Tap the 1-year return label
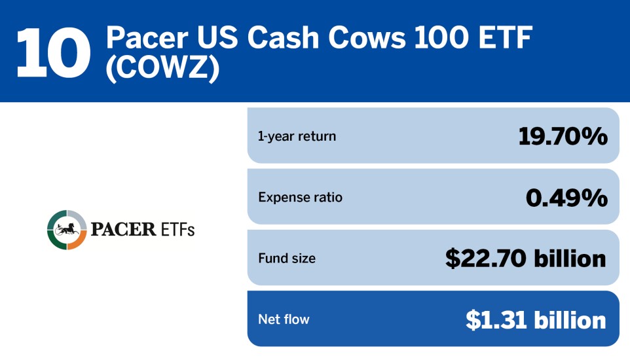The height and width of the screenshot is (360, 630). [x=297, y=136]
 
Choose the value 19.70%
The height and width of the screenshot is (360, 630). [x=563, y=136]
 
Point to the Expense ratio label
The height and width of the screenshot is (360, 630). [x=300, y=197]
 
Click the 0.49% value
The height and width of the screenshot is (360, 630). [x=566, y=197]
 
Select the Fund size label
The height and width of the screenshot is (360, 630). [x=287, y=259]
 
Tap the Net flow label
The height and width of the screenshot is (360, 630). [x=284, y=319]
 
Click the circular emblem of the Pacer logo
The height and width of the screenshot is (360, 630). [x=67, y=230]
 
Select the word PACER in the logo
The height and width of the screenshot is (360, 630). [x=123, y=230]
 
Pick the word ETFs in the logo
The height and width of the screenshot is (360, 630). [x=177, y=230]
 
